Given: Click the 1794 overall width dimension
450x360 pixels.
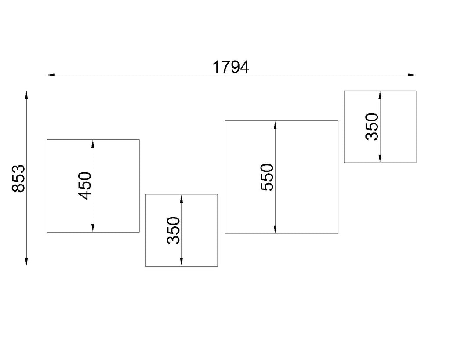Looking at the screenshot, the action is pyautogui.click(x=231, y=67).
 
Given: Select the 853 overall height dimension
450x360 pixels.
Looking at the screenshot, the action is pyautogui.click(x=18, y=178).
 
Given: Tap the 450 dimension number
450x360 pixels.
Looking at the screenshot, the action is pyautogui.click(x=85, y=185).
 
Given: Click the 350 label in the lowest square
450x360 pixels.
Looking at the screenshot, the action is pyautogui.click(x=173, y=230).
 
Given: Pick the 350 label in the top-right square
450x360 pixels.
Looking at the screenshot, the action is pyautogui.click(x=372, y=127).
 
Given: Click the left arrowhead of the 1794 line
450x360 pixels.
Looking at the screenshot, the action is pyautogui.click(x=51, y=75).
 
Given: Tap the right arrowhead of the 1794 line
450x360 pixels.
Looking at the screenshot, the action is pyautogui.click(x=411, y=75).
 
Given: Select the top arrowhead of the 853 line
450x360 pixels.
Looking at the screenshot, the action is pyautogui.click(x=26, y=95).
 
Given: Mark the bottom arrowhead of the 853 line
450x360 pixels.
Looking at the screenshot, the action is pyautogui.click(x=26, y=262).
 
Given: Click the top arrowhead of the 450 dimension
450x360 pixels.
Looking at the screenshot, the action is pyautogui.click(x=93, y=144).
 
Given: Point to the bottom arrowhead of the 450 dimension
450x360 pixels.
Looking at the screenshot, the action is pyautogui.click(x=93, y=228).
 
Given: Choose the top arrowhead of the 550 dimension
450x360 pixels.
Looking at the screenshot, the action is pyautogui.click(x=275, y=125).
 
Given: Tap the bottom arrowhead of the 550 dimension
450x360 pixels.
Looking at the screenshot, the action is pyautogui.click(x=275, y=229).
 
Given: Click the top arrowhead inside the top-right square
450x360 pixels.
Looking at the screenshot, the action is pyautogui.click(x=380, y=95).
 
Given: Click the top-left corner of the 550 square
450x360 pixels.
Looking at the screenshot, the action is pyautogui.click(x=225, y=121).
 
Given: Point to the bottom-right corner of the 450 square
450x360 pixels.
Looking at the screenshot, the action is pyautogui.click(x=139, y=232).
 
